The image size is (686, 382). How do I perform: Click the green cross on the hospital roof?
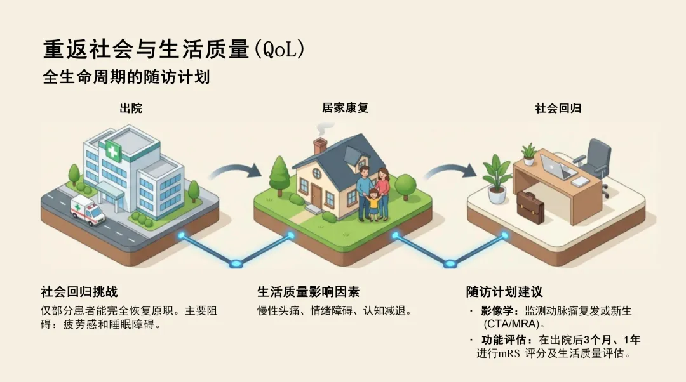(114, 151)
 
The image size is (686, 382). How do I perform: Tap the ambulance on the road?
(88, 209)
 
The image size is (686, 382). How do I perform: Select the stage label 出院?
(131, 109)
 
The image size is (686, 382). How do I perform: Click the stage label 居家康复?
(345, 109)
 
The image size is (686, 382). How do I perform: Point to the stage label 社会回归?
(558, 109)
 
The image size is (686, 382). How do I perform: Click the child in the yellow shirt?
(373, 204)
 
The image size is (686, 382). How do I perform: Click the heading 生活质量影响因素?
(308, 292)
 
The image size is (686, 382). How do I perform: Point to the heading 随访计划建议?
(504, 292)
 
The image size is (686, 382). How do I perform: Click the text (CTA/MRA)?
(515, 324)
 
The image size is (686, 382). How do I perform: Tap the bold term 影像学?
(496, 312)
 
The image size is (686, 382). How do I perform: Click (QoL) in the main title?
(279, 50)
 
